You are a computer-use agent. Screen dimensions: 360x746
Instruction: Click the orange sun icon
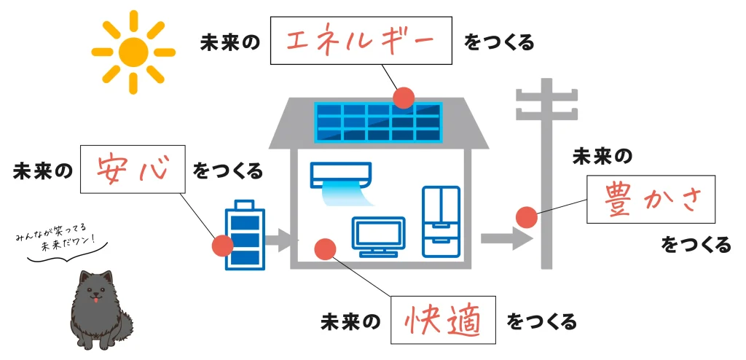click(x=133, y=52)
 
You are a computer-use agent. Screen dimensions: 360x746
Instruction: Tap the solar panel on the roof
click(x=378, y=121)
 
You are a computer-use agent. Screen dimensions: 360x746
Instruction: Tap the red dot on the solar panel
click(x=403, y=98)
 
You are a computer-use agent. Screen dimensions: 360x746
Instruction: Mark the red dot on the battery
click(x=222, y=246)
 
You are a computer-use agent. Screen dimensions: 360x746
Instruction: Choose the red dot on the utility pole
click(x=526, y=217)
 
